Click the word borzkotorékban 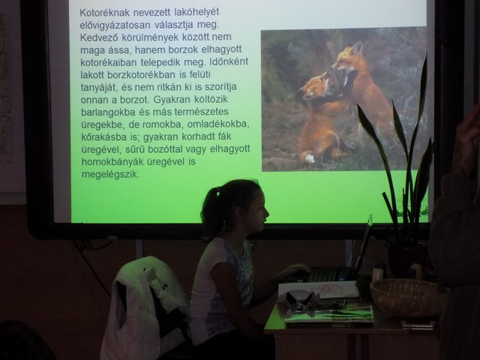tap(142, 75)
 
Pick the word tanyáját tap(98, 88)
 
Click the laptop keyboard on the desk tap(330, 274)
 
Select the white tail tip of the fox tap(310, 158)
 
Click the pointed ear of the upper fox tap(357, 47)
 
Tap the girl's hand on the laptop tap(295, 270)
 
